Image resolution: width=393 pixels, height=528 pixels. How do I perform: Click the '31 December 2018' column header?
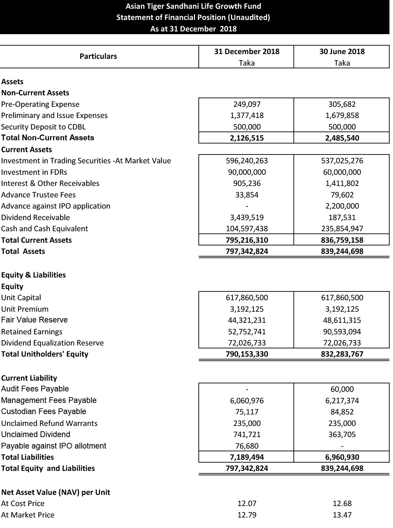(x=247, y=52)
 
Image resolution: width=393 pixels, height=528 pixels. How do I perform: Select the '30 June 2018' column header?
(x=342, y=52)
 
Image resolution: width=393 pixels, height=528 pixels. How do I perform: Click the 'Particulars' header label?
(x=98, y=56)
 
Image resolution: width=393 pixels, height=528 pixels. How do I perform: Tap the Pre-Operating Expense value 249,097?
(x=247, y=104)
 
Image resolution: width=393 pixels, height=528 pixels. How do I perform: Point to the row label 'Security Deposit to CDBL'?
(x=43, y=127)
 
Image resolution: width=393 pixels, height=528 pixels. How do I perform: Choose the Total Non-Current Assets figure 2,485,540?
(x=342, y=138)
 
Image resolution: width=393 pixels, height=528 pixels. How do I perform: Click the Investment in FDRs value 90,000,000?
(x=247, y=172)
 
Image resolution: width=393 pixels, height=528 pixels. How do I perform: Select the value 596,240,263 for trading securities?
(x=247, y=161)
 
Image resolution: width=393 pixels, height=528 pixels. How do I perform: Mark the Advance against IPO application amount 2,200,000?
(x=342, y=206)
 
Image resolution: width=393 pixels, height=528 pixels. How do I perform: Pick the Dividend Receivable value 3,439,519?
(x=247, y=217)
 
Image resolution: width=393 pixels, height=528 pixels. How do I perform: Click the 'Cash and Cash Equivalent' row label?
(x=44, y=229)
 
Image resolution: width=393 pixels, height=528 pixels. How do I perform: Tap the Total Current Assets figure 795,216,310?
(x=247, y=240)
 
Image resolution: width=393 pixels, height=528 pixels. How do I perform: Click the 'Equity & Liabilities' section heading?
(x=33, y=275)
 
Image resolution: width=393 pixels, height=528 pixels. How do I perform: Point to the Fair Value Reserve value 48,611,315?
(x=342, y=320)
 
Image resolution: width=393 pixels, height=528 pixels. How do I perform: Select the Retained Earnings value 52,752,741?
(x=247, y=332)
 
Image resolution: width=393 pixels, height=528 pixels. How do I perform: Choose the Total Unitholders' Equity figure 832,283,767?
(x=342, y=354)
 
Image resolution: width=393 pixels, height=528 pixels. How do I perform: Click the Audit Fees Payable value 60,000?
(x=342, y=389)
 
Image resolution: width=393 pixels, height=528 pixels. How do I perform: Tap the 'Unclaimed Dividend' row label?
(x=35, y=434)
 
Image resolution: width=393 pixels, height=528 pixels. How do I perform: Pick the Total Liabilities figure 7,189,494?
(x=247, y=457)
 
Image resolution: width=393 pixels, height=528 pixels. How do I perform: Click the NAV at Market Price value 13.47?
(x=342, y=515)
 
